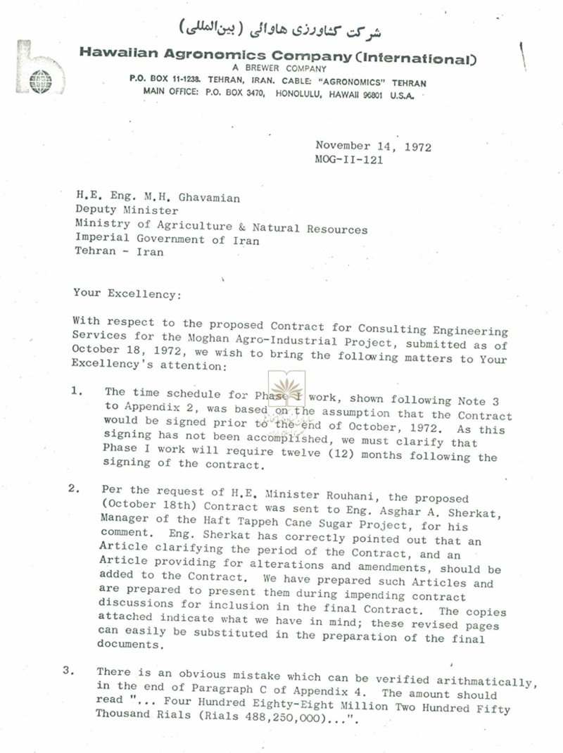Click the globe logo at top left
41,82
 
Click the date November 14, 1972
373,146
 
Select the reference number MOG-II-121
349,160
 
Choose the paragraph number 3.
69,671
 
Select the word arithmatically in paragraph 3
491,681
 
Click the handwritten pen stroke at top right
522,55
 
